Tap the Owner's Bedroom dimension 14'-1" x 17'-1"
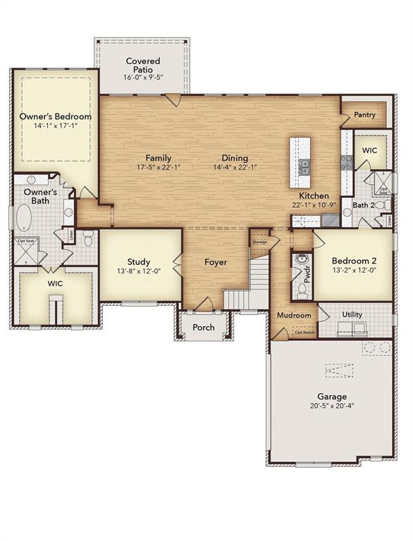click(x=55, y=126)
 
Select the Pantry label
click(x=364, y=115)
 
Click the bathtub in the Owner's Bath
click(x=24, y=218)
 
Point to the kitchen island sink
click(x=305, y=167)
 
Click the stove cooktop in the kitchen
click(x=347, y=162)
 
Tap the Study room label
click(x=139, y=261)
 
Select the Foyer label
click(x=216, y=262)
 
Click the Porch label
click(x=204, y=327)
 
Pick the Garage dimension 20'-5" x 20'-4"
click(x=331, y=406)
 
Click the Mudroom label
click(x=294, y=315)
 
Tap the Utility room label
click(x=352, y=314)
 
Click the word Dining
click(x=235, y=158)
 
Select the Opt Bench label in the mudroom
click(x=304, y=332)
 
